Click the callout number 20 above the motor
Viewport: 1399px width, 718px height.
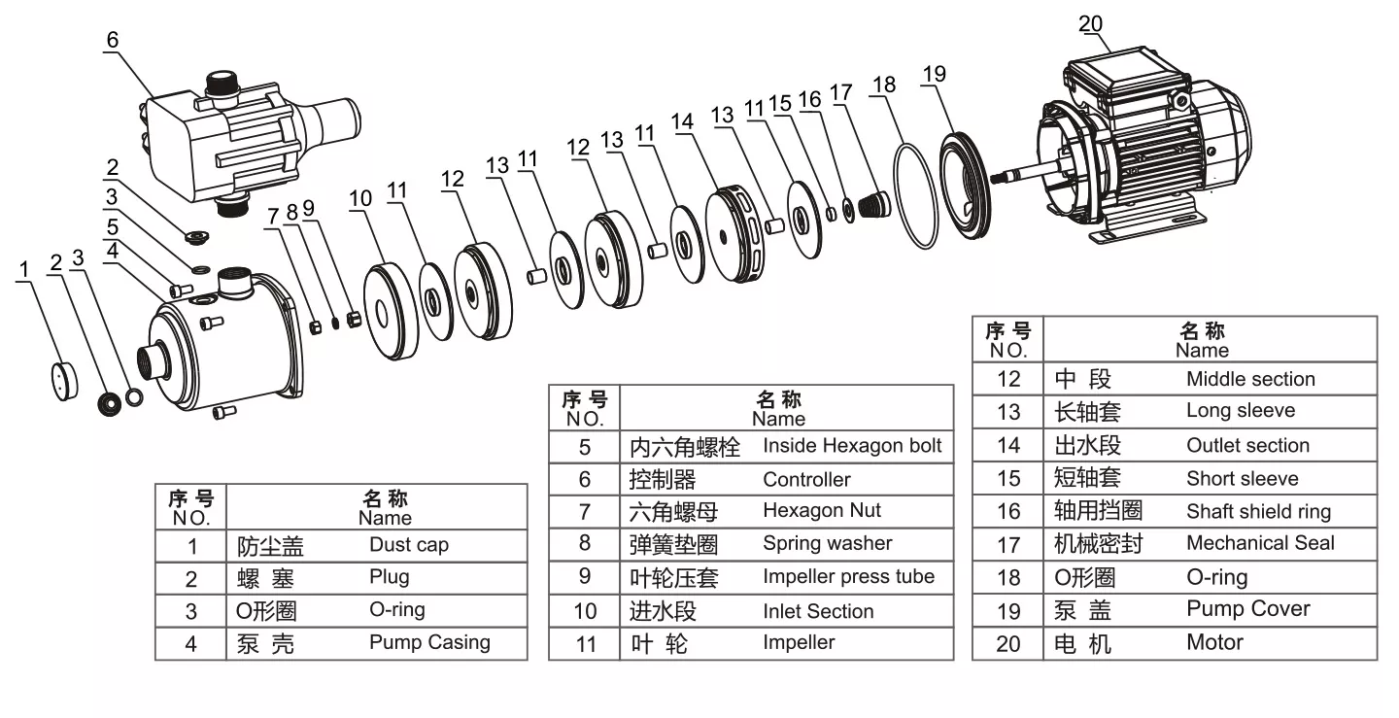(1090, 24)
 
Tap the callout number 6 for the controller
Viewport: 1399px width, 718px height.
(112, 39)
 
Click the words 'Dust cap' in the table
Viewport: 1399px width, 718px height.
(408, 545)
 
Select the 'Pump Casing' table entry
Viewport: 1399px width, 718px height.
(429, 642)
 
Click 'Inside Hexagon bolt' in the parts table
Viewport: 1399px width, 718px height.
(852, 446)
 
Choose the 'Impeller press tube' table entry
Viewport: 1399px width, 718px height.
(848, 576)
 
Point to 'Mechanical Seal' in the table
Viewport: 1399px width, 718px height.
(1260, 543)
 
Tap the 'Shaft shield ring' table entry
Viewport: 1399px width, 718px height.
(1258, 511)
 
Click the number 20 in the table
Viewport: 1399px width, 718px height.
(1008, 643)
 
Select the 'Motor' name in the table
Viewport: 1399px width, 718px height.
(1214, 642)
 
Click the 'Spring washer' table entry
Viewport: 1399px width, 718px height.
(827, 543)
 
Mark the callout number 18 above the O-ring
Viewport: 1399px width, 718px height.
(883, 85)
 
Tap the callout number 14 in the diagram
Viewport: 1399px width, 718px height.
(683, 122)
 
